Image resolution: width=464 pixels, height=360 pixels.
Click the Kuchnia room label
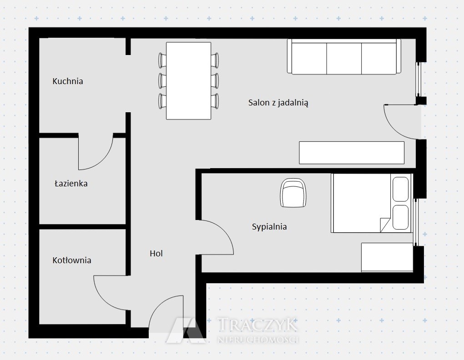pyautogui.click(x=68, y=81)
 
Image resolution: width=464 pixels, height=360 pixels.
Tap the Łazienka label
pyautogui.click(x=71, y=183)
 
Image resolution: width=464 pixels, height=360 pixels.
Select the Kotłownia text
pyautogui.click(x=71, y=260)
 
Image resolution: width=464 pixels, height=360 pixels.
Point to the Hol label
pyautogui.click(x=156, y=253)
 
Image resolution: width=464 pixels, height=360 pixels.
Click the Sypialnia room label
pyautogui.click(x=269, y=227)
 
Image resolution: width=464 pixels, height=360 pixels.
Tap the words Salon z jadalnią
pyautogui.click(x=278, y=103)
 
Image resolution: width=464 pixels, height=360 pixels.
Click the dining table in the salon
pyautogui.click(x=188, y=81)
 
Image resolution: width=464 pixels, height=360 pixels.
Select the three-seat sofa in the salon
pyautogui.click(x=344, y=56)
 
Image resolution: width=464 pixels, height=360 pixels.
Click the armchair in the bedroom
pyautogui.click(x=293, y=193)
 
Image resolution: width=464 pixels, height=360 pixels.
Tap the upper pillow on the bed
pyautogui.click(x=400, y=189)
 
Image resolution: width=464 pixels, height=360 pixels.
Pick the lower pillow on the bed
pyautogui.click(x=400, y=217)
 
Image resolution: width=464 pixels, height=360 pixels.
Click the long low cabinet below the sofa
pyautogui.click(x=352, y=153)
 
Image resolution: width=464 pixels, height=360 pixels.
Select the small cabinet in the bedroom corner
pyautogui.click(x=387, y=257)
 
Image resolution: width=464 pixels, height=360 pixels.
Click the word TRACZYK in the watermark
pyautogui.click(x=257, y=325)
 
